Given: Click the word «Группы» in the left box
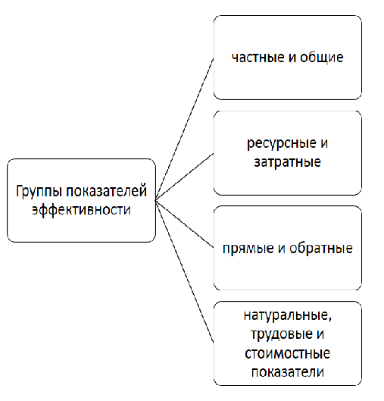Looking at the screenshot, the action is (39, 192).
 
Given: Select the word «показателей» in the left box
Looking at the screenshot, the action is (107, 191).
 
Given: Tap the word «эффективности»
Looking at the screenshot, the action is (81, 210).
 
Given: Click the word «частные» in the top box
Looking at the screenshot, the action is (258, 58).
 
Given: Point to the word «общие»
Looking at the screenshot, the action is (322, 58).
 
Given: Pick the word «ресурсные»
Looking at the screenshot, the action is (282, 144).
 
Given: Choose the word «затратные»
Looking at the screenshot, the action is (287, 162).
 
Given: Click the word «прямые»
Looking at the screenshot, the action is (248, 249).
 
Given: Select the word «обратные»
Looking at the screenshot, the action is (321, 248).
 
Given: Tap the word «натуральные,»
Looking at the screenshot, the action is (288, 316).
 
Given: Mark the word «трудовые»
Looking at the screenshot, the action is (282, 334).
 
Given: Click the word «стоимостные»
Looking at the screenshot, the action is (287, 353).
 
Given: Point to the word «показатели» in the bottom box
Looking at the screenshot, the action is (288, 372).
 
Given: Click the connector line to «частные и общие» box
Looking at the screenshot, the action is (185, 129).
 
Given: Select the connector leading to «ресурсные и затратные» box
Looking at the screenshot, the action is (185, 177).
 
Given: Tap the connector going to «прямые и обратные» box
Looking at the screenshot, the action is (185, 224).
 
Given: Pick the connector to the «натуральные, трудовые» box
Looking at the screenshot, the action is (185, 271).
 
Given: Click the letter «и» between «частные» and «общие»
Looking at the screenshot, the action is (292, 58).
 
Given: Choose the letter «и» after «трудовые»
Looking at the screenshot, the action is (320, 334).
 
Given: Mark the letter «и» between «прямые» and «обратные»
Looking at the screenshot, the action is (281, 249).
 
